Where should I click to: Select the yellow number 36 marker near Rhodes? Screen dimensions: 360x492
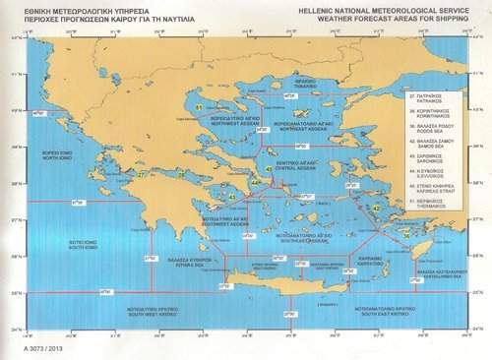(x=406, y=236)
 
